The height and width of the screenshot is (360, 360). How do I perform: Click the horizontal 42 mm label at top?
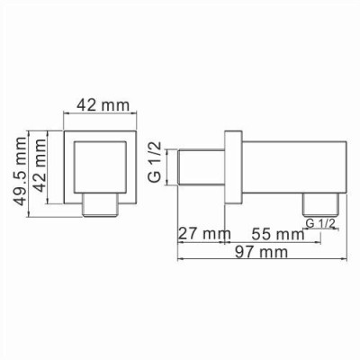click(100, 104)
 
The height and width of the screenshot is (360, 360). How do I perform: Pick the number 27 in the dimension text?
click(184, 234)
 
